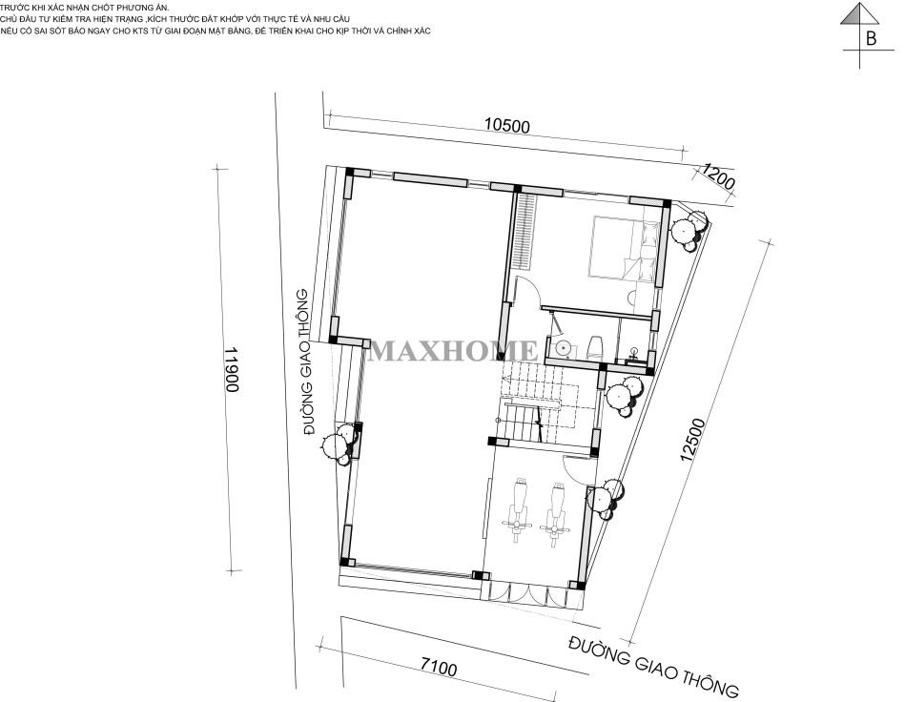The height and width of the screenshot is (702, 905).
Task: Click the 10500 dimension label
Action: [506, 125]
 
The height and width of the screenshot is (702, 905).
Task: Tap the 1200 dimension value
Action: [718, 177]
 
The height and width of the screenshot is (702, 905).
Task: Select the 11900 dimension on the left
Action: [232, 369]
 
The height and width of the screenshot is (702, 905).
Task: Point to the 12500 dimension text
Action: [692, 440]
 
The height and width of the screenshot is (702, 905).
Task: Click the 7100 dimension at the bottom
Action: [438, 668]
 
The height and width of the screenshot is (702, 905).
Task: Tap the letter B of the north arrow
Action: [871, 38]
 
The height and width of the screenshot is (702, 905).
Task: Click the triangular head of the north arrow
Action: [859, 13]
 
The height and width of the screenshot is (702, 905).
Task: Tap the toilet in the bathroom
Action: [594, 346]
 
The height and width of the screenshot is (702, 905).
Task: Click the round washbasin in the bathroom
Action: [560, 348]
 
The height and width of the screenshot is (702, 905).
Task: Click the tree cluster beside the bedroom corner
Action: [689, 230]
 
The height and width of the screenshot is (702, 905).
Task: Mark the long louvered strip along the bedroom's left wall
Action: [524, 231]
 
